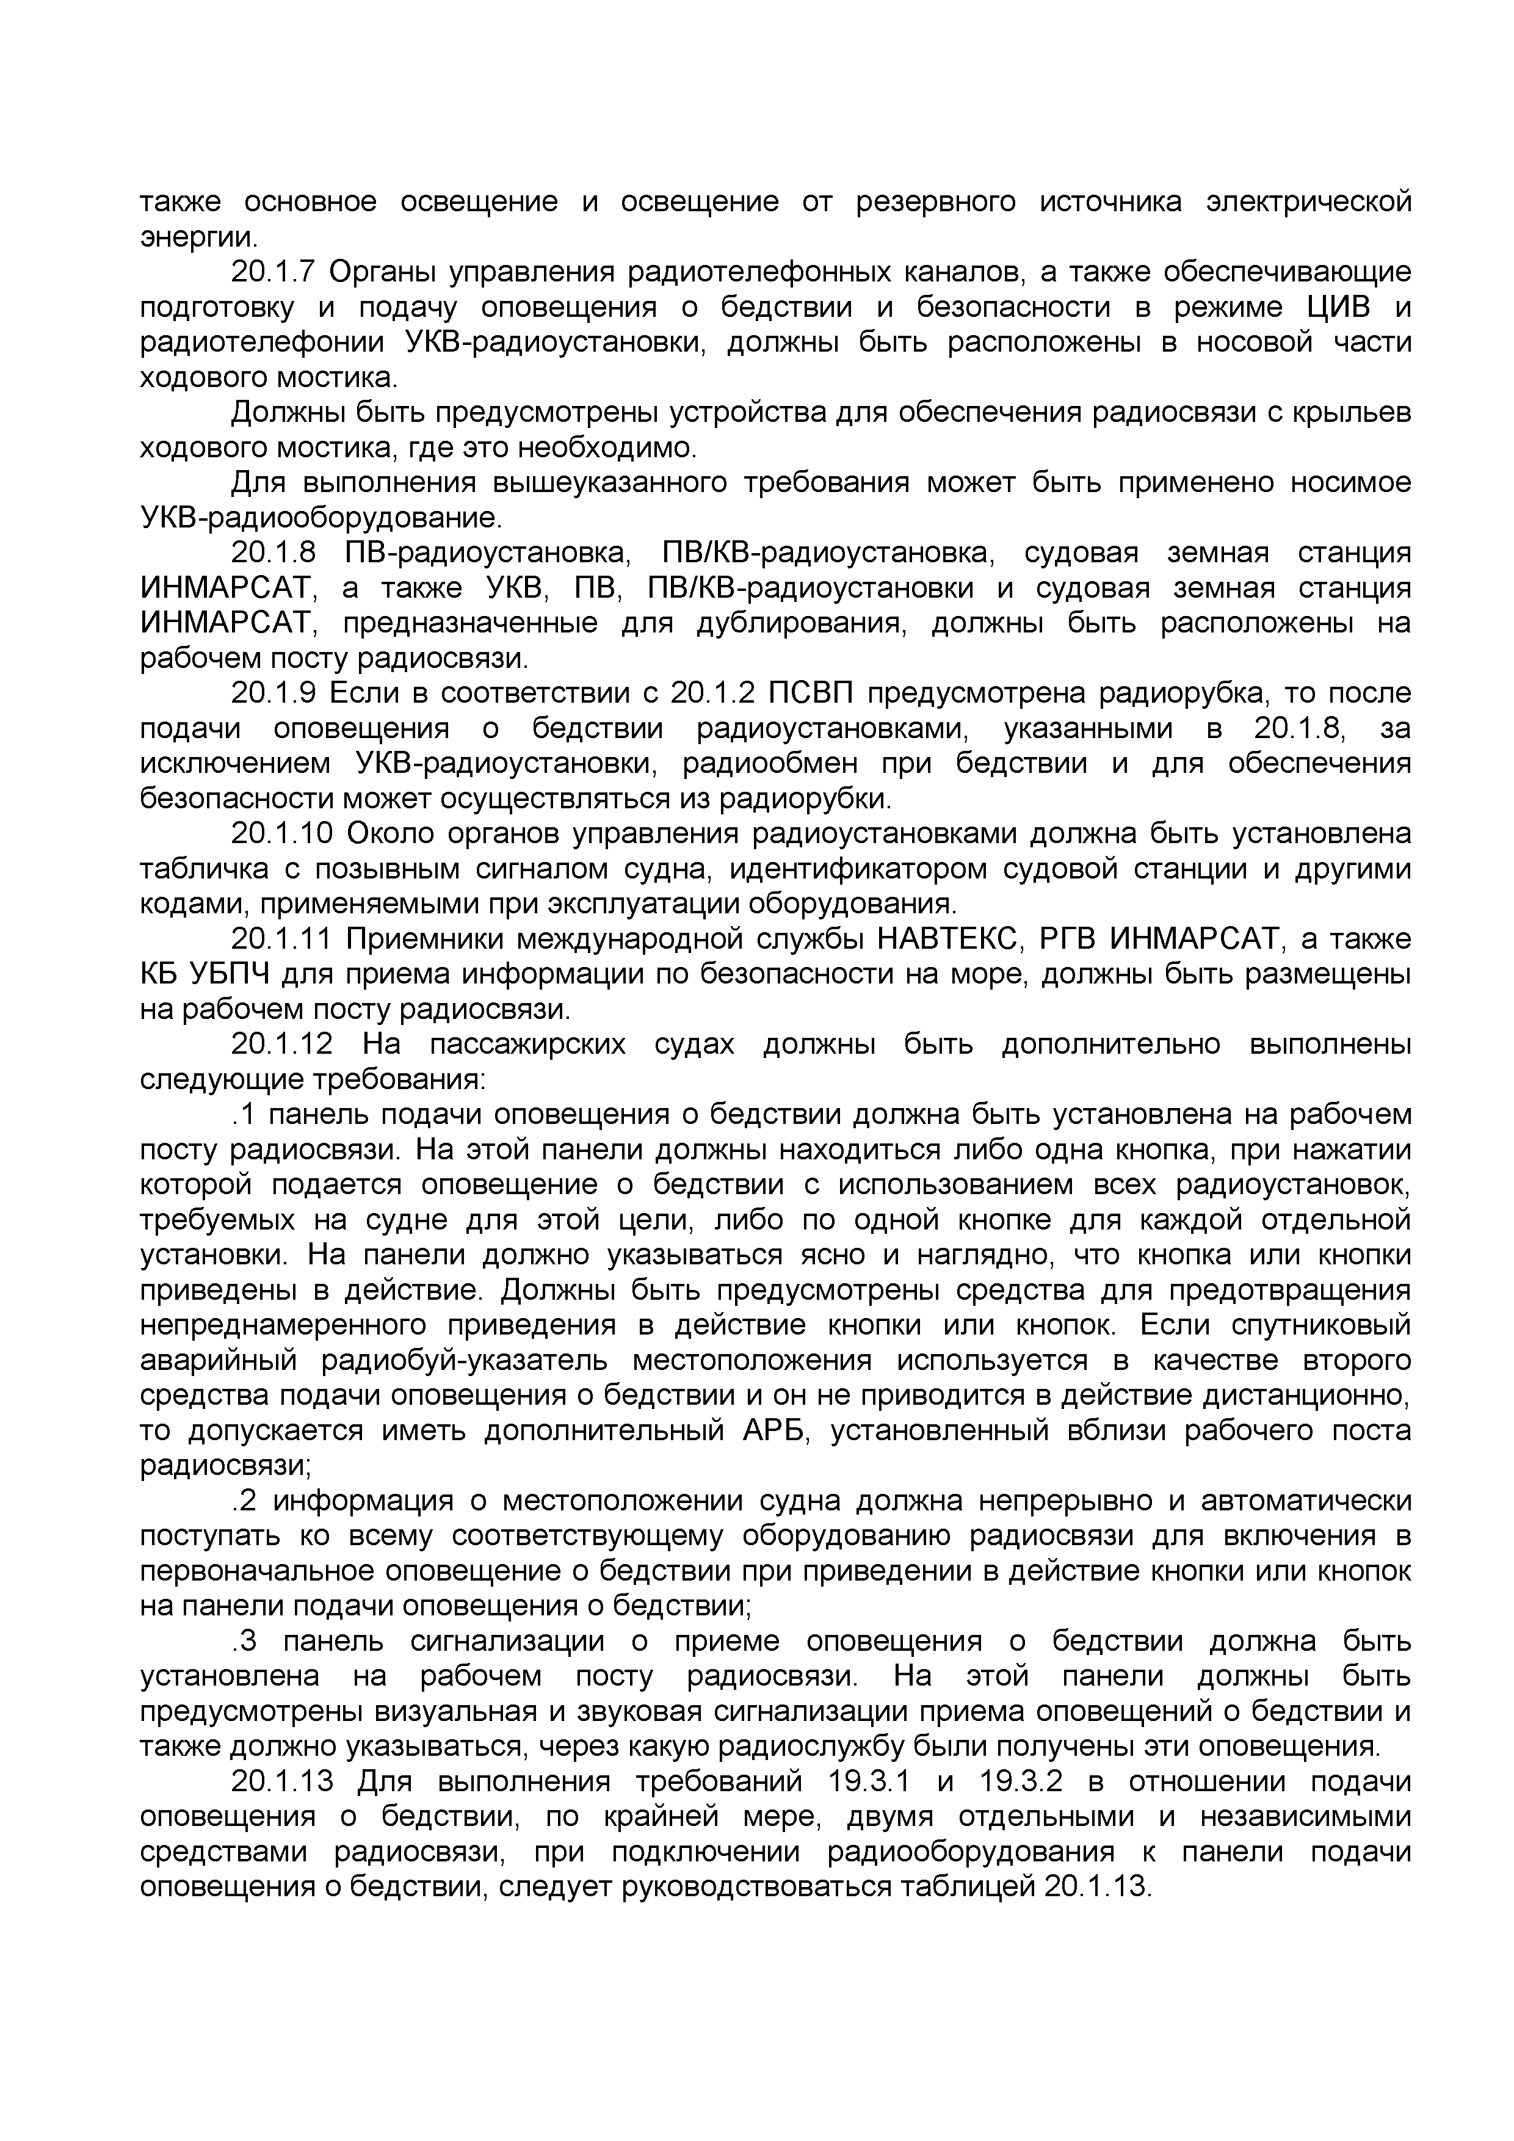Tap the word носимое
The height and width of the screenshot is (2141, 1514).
pos(1351,482)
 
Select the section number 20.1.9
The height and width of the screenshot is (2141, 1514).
pos(274,693)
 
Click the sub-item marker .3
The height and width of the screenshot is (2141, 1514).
pos(244,1642)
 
